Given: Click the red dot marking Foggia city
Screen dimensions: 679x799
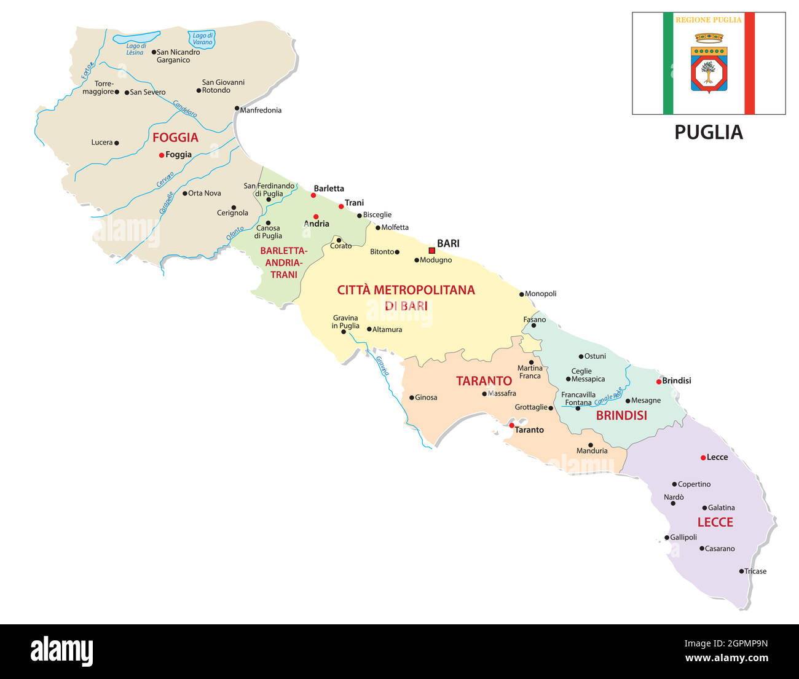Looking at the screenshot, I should [x=162, y=155].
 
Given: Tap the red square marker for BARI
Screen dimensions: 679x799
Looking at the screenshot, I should [x=431, y=250].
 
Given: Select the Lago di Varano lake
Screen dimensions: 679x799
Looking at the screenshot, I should [x=202, y=39].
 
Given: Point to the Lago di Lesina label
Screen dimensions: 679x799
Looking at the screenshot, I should [x=136, y=49].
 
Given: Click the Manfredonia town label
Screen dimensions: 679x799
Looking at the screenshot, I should [x=261, y=111].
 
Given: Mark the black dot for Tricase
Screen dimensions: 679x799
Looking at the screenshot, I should [x=741, y=571].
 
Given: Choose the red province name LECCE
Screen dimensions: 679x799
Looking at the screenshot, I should [x=715, y=522].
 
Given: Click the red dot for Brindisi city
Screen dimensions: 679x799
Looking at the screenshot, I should [x=659, y=382].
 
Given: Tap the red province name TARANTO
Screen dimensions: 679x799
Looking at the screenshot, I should [x=484, y=381].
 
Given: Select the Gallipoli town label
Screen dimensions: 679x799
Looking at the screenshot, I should [x=683, y=538].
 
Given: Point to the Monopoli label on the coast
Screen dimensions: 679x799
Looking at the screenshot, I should [x=540, y=294].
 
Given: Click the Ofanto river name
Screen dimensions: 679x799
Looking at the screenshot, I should [x=235, y=234].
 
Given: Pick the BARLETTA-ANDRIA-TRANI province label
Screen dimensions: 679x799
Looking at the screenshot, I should [x=283, y=262].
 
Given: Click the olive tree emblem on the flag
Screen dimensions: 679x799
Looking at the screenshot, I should [x=709, y=72].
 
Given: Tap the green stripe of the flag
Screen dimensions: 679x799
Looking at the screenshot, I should [x=668, y=63].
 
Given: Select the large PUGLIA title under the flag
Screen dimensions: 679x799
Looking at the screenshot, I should [x=709, y=133].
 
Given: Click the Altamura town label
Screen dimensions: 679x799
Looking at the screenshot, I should [x=387, y=330].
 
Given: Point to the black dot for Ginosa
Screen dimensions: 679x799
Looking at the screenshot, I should [x=412, y=398].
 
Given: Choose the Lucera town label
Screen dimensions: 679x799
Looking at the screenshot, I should [x=102, y=143].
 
